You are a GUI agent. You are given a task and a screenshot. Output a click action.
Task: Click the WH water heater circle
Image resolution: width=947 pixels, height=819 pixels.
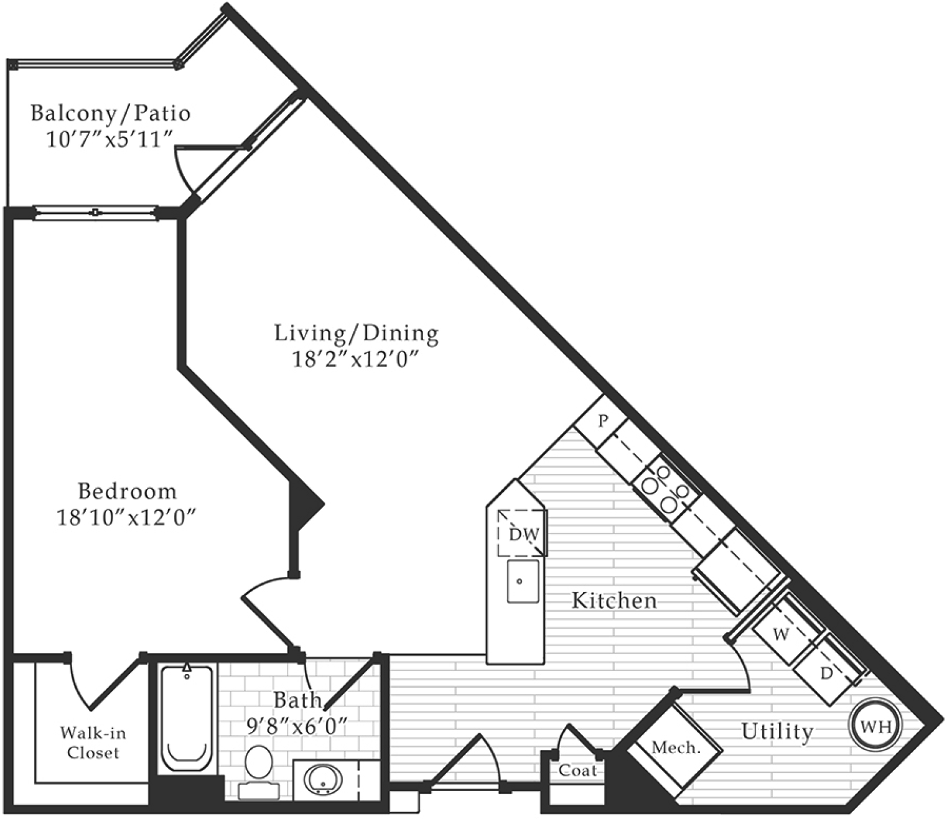(875, 726)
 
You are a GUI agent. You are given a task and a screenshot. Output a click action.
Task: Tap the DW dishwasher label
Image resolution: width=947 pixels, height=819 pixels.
(524, 534)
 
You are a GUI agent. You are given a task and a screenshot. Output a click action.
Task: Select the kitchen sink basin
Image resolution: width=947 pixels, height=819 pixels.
(523, 581)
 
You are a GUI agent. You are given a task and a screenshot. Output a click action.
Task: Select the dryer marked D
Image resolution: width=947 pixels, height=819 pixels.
(826, 673)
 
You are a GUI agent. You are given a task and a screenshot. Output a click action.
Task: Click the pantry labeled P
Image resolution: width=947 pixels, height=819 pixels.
(603, 421)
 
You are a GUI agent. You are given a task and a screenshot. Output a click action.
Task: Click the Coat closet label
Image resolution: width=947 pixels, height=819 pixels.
(578, 771)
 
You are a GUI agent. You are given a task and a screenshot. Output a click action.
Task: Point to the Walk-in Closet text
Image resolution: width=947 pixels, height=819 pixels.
(93, 743)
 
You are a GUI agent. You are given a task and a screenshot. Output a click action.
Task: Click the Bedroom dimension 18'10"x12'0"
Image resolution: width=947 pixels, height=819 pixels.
(127, 519)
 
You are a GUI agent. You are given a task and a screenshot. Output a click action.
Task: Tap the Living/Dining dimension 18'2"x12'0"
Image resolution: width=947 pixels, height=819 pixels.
(357, 360)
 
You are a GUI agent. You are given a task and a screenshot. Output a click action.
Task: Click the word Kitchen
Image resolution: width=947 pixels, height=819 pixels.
(614, 600)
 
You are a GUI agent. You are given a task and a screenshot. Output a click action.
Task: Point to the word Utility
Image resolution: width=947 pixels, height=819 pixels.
(777, 731)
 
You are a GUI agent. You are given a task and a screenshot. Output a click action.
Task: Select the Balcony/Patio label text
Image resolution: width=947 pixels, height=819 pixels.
(110, 113)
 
